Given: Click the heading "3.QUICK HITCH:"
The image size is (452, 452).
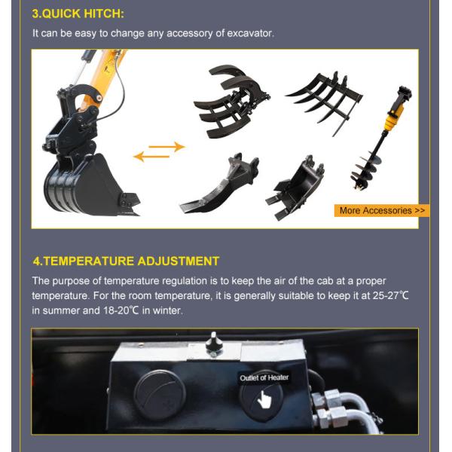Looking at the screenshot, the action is (78, 14).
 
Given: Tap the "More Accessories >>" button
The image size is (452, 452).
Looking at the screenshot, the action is (382, 210).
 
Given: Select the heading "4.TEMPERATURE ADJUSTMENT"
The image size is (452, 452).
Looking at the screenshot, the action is (126, 261).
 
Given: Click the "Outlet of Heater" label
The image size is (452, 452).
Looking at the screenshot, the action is (264, 377).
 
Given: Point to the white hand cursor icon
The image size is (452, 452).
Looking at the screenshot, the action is (264, 399).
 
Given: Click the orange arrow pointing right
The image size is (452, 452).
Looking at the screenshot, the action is (166, 147).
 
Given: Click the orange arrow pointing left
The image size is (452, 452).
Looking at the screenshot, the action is (151, 157).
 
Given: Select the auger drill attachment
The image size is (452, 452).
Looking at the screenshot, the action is (380, 139).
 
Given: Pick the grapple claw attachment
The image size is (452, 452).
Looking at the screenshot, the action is (231, 102).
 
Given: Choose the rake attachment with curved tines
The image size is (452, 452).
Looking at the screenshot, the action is (324, 102).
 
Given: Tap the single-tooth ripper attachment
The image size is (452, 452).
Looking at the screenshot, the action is (220, 184).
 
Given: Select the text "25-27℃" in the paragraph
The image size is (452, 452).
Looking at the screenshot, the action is (390, 295).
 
